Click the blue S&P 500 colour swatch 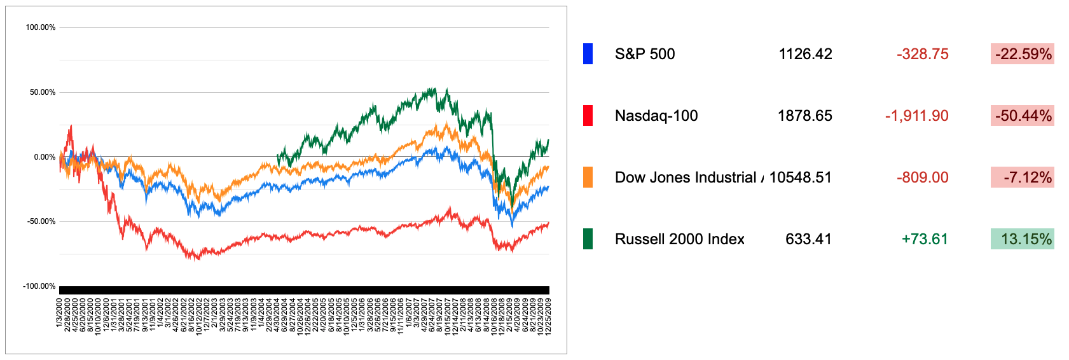coord(588,54)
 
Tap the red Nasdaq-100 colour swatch coord(588,116)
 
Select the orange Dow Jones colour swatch coord(588,177)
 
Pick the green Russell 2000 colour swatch coord(588,239)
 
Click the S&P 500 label coord(645,54)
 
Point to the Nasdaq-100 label coord(656,116)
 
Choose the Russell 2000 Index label coord(680,239)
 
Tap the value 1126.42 coord(805,54)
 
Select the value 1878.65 coord(805,116)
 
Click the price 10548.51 coord(801,177)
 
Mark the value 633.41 coord(809,239)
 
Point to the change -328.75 coord(923,54)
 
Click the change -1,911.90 coord(917,116)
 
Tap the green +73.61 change coord(925,239)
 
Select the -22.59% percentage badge coord(1023,54)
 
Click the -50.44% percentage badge coord(1023,116)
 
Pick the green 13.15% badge coord(1023,239)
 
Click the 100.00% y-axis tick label coord(41,27)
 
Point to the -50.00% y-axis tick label coord(41,222)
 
